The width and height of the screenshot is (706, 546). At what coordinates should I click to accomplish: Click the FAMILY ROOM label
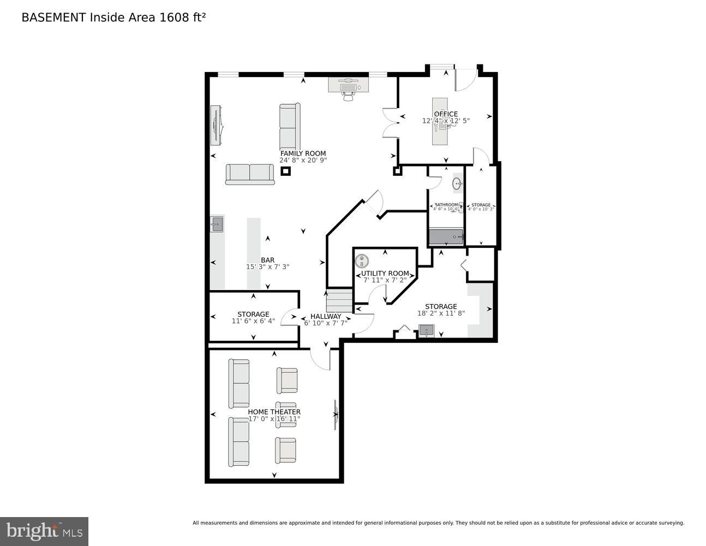(x=303, y=153)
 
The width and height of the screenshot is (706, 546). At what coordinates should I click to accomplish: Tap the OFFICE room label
(x=446, y=114)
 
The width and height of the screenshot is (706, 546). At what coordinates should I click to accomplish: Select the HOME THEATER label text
(x=274, y=412)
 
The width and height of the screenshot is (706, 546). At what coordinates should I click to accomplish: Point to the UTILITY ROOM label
(x=385, y=273)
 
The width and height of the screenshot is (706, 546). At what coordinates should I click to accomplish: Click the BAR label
(x=267, y=260)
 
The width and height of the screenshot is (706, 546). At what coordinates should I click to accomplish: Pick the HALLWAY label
(x=326, y=316)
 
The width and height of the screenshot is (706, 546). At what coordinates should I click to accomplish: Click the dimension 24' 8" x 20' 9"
(x=303, y=161)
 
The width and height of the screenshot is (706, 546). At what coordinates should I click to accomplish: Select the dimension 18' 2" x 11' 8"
(x=441, y=313)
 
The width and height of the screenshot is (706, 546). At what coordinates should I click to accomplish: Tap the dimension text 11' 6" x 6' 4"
(x=253, y=321)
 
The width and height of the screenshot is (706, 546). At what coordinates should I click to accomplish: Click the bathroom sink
(x=457, y=185)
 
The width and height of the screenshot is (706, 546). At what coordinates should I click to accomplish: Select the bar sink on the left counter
(x=217, y=223)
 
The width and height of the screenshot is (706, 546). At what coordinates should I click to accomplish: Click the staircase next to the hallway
(x=339, y=300)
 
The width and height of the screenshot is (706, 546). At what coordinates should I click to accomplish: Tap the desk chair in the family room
(x=348, y=96)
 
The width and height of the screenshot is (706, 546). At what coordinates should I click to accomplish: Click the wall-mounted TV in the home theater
(x=336, y=414)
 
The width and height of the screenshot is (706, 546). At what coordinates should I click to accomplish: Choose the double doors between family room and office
(x=390, y=123)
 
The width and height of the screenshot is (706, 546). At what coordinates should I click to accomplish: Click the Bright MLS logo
(x=44, y=531)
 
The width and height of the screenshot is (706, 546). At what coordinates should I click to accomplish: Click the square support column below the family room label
(x=285, y=171)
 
